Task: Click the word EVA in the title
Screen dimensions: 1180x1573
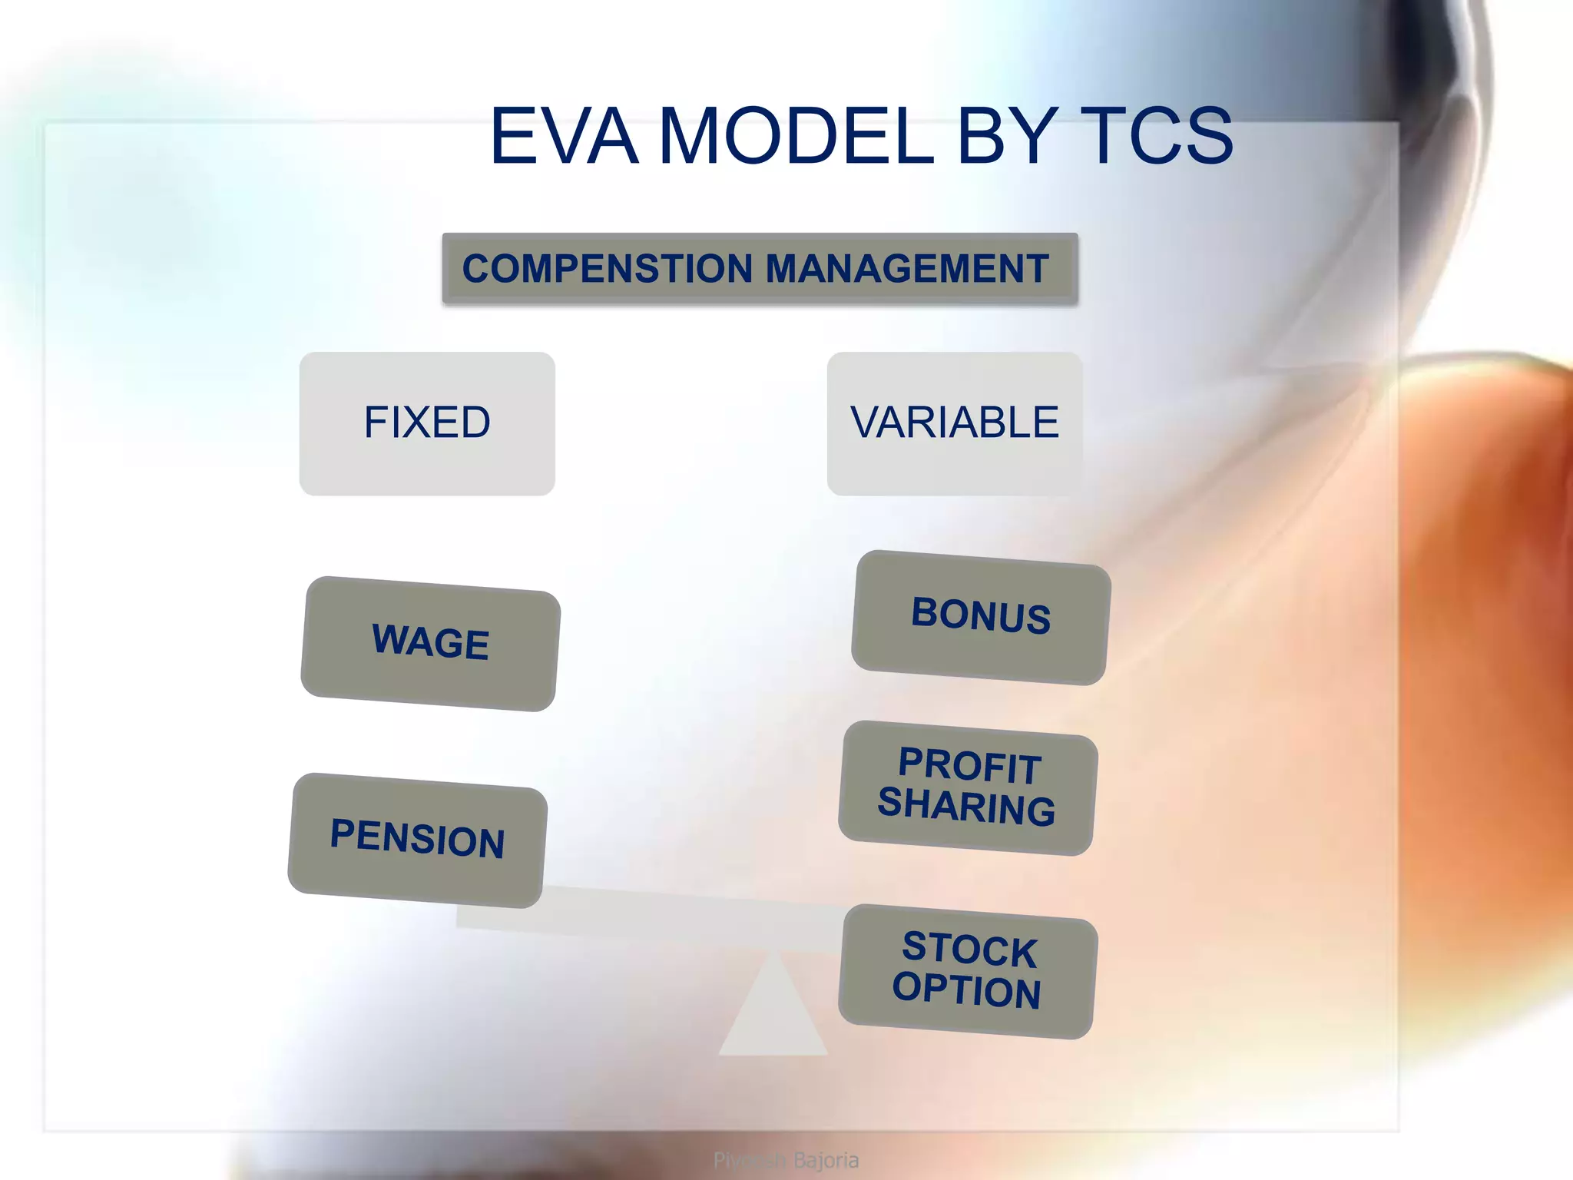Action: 565,137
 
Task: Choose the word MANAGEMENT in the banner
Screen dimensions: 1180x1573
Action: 907,269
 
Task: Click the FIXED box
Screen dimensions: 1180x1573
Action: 427,423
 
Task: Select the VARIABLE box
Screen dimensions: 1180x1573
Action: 955,423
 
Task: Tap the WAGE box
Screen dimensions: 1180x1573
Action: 430,643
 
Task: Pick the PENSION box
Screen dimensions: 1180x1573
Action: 418,840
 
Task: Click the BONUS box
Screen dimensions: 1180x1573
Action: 981,617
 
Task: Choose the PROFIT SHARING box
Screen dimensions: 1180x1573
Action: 968,787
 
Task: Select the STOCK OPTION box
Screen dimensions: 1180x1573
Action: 968,971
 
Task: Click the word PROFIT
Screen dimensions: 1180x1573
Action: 969,766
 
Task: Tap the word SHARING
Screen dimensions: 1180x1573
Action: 966,807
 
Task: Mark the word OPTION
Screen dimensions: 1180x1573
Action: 966,990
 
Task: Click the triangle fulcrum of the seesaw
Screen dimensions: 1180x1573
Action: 773,1014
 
